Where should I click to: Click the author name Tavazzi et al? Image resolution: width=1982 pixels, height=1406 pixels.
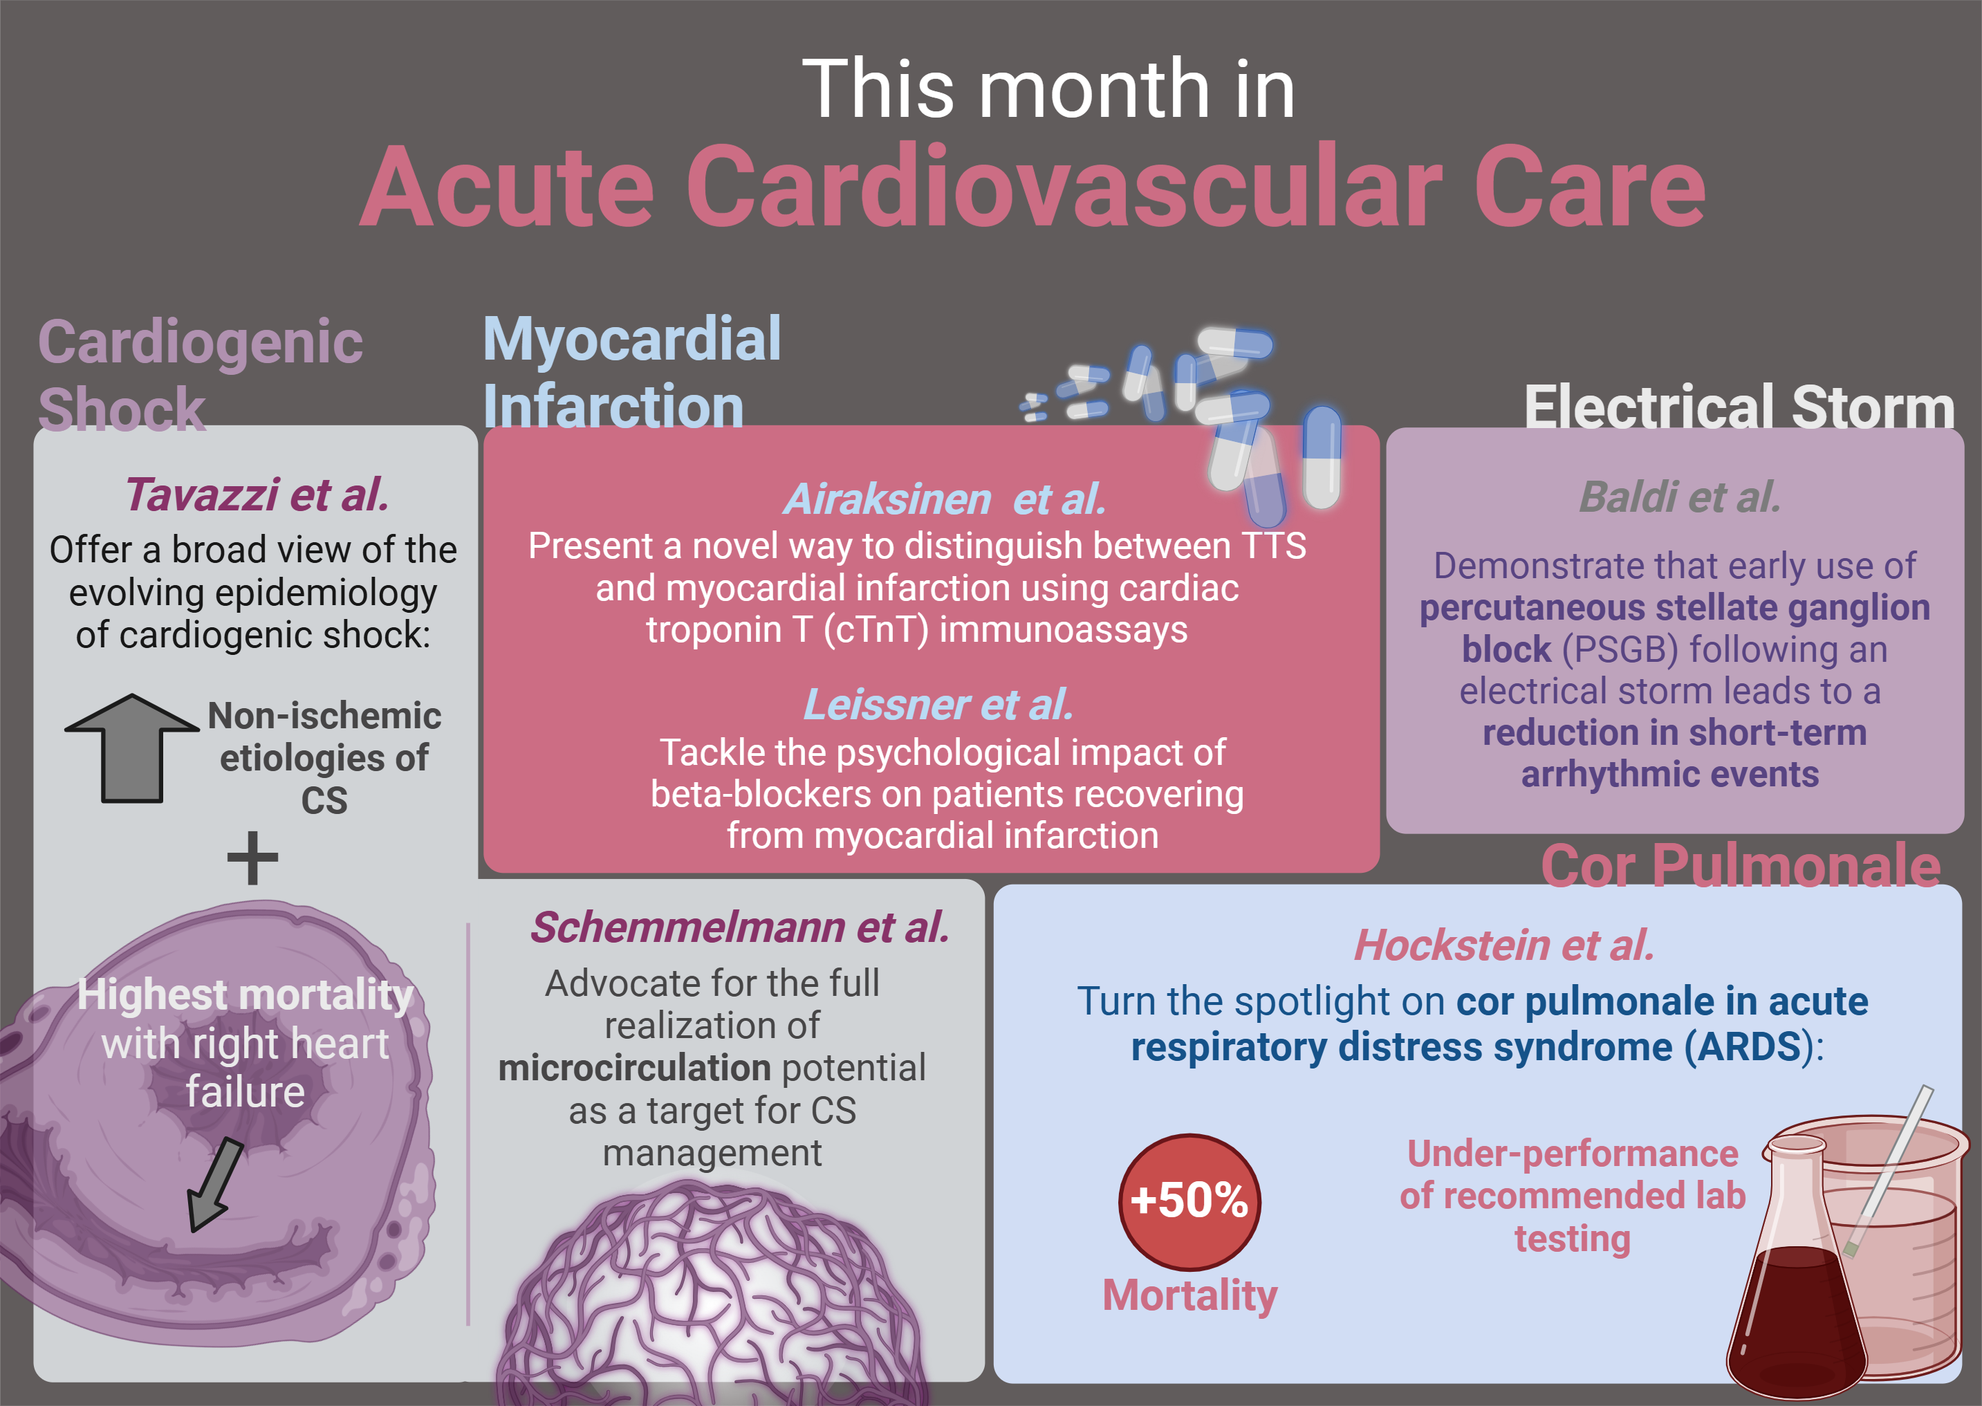click(x=257, y=494)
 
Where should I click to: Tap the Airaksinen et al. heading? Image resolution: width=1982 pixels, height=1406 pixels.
click(x=944, y=499)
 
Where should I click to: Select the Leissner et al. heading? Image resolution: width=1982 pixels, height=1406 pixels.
click(x=938, y=705)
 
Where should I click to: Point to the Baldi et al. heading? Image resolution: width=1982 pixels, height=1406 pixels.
click(x=1680, y=497)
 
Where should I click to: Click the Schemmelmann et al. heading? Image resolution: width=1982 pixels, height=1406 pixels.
click(x=740, y=927)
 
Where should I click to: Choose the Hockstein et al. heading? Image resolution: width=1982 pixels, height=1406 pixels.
click(x=1504, y=945)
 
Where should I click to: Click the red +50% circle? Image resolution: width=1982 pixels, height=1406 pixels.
click(x=1189, y=1202)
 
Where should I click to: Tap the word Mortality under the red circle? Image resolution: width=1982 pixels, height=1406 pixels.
click(x=1189, y=1295)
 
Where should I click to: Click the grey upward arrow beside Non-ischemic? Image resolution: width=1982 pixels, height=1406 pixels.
click(x=131, y=749)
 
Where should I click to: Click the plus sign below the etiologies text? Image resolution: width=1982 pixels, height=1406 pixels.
click(x=252, y=858)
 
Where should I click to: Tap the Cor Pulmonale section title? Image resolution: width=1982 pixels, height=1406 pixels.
click(x=1741, y=866)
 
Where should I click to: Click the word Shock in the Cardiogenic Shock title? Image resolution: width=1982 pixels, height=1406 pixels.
click(x=122, y=409)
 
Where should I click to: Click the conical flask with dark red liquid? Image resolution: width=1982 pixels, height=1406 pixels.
click(x=1797, y=1268)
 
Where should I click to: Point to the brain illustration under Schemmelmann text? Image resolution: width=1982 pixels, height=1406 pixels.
click(x=712, y=1295)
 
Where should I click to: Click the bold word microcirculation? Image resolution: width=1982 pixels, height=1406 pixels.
click(x=633, y=1068)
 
